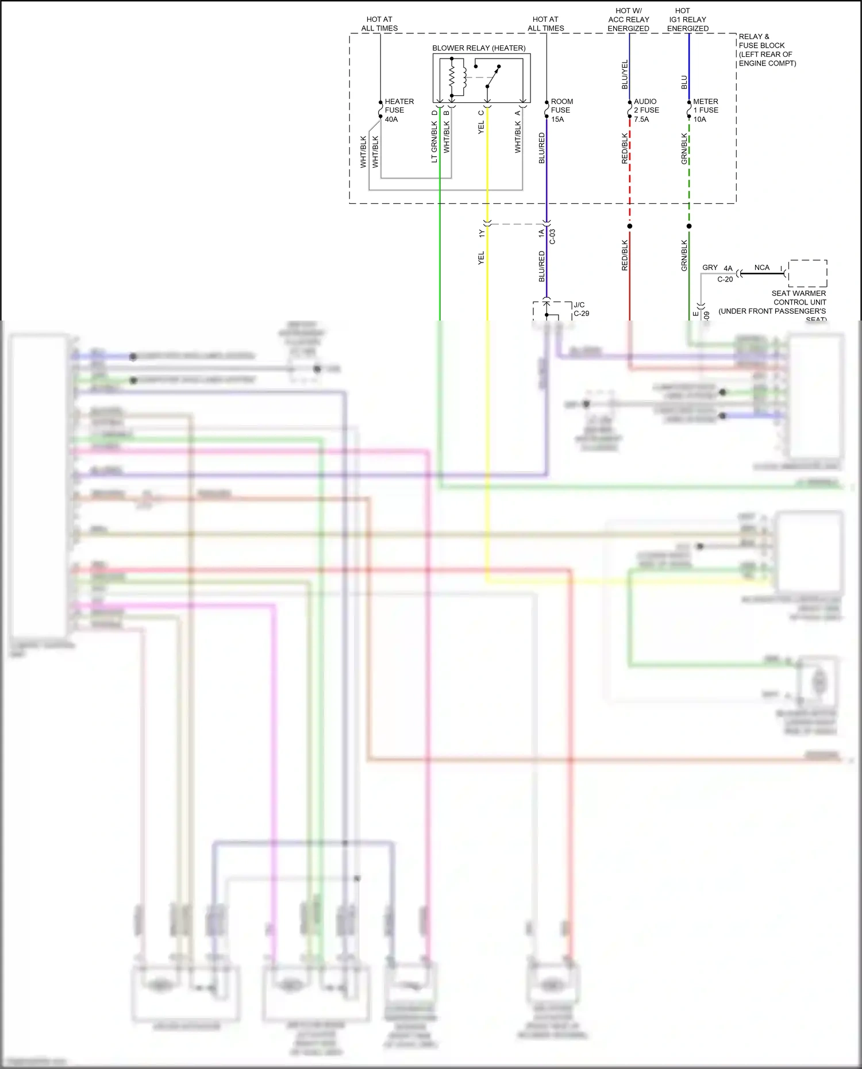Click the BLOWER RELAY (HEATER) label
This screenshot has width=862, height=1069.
click(479, 48)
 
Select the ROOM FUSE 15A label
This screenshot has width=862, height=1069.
click(561, 110)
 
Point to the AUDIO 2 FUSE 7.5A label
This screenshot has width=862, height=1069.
click(645, 110)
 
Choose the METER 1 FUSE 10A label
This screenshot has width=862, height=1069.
click(705, 110)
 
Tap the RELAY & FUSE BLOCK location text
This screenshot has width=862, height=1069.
click(767, 50)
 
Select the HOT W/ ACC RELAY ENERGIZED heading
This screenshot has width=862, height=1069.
click(628, 20)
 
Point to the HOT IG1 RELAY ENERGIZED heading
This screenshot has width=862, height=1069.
click(687, 20)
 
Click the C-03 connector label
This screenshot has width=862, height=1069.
click(553, 237)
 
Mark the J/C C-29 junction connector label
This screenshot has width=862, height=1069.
click(581, 309)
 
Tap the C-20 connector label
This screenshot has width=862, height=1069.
click(725, 280)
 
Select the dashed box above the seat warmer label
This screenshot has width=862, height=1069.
click(807, 273)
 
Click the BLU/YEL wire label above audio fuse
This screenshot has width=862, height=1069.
click(625, 75)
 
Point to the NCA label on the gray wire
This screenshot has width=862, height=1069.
click(761, 268)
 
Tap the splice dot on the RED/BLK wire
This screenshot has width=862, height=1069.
click(630, 226)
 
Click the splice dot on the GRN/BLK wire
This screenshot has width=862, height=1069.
click(689, 226)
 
